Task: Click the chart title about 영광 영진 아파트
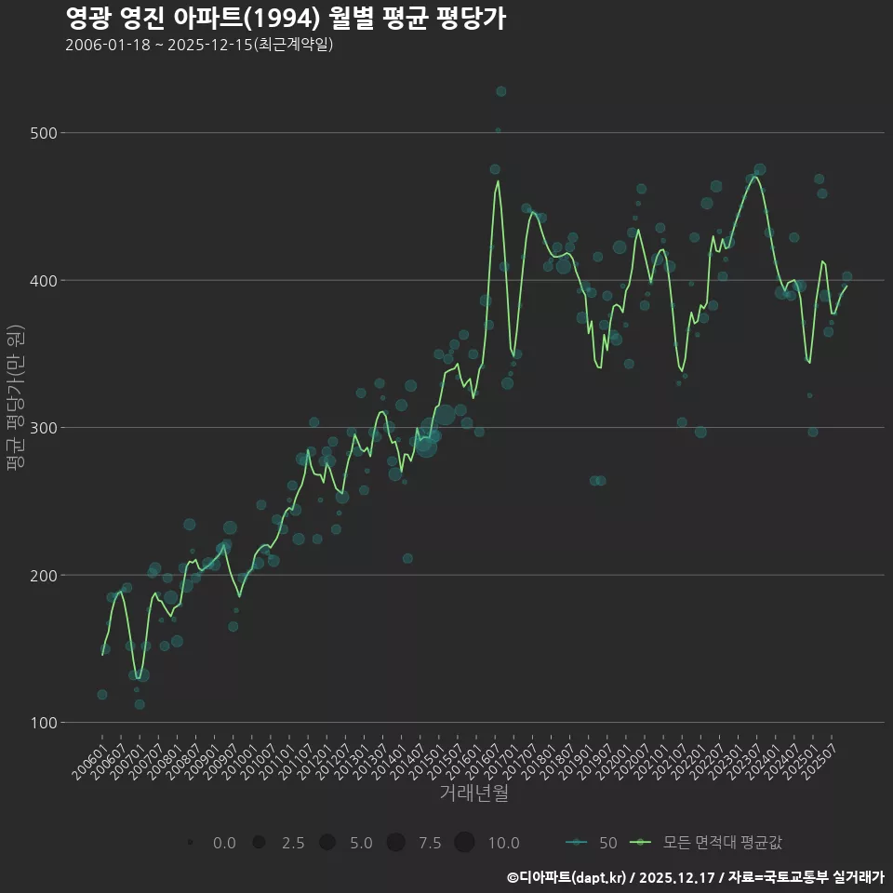(x=286, y=19)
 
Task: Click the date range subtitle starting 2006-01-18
(x=199, y=46)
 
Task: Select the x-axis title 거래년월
(x=473, y=793)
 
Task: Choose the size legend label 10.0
(x=503, y=843)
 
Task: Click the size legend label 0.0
(x=223, y=843)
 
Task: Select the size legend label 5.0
(x=361, y=843)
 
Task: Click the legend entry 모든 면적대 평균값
(x=722, y=843)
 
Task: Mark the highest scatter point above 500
(x=501, y=91)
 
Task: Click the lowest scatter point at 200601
(x=102, y=694)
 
